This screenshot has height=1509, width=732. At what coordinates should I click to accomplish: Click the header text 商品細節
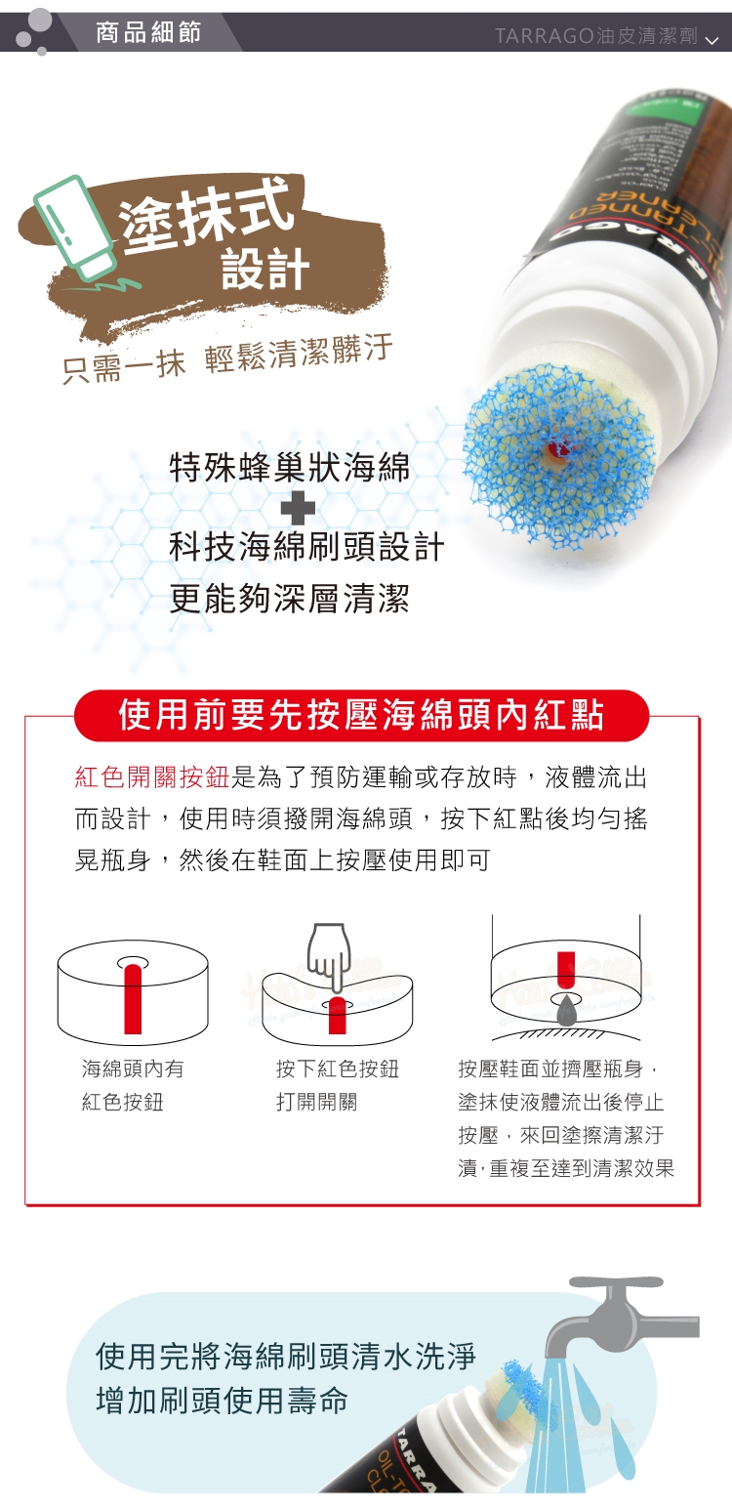tap(148, 32)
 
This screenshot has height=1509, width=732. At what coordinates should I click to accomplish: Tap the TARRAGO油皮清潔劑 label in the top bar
tap(596, 36)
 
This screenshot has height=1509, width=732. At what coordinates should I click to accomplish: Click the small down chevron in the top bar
tap(712, 41)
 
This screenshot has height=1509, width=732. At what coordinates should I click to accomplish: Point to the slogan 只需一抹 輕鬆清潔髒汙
tap(227, 358)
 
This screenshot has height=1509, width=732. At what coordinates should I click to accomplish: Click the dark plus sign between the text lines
tap(298, 507)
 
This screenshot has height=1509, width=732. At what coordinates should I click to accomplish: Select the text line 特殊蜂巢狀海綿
tap(290, 467)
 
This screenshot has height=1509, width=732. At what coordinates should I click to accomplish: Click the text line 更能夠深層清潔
tap(290, 598)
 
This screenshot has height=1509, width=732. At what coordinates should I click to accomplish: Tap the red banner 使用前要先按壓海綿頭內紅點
tap(362, 715)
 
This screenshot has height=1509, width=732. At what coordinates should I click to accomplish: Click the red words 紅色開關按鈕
tap(152, 777)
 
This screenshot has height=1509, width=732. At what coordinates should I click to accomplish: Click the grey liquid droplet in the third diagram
tap(567, 1012)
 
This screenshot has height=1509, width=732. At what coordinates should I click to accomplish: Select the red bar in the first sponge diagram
tap(133, 998)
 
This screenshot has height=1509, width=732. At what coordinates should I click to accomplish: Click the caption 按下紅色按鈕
tap(338, 1069)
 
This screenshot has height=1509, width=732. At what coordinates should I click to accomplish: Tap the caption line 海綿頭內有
tap(133, 1069)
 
